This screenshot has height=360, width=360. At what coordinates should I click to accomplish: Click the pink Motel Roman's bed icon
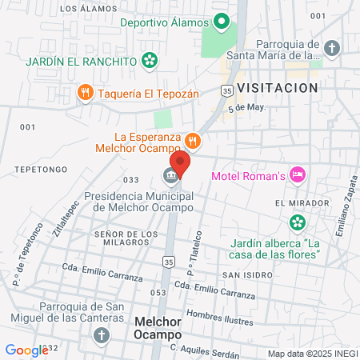coord(298,174)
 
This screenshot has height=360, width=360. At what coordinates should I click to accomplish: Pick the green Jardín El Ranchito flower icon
coord(149,60)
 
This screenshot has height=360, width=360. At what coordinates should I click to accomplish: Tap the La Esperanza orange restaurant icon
coord(193,138)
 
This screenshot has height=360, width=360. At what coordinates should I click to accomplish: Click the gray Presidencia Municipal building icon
coord(170,175)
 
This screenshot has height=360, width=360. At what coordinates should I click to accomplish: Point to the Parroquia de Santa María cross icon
coord(332,48)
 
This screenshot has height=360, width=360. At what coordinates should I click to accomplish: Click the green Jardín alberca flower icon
coord(298,222)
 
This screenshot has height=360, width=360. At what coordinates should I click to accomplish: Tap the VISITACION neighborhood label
coord(278,87)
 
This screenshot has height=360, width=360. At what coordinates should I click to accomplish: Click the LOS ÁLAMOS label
coord(82,9)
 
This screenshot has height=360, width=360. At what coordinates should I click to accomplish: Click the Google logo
coord(26,350)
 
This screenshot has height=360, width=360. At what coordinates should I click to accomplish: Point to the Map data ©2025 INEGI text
coord(311,353)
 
